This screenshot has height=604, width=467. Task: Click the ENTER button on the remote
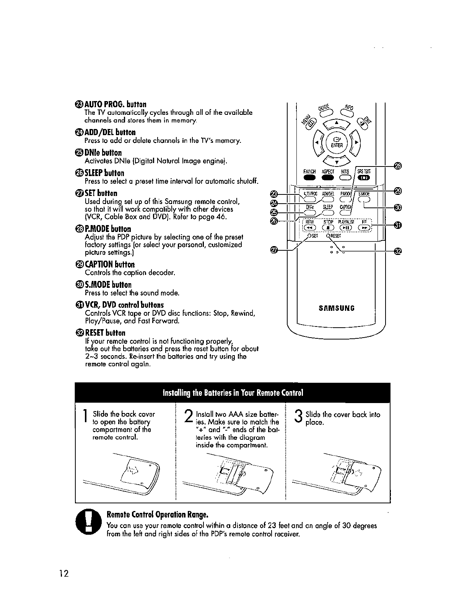click(337, 142)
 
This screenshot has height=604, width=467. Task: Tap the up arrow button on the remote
click(337, 123)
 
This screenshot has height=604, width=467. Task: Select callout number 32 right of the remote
click(398, 251)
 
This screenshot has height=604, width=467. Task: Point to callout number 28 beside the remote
click(398, 165)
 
